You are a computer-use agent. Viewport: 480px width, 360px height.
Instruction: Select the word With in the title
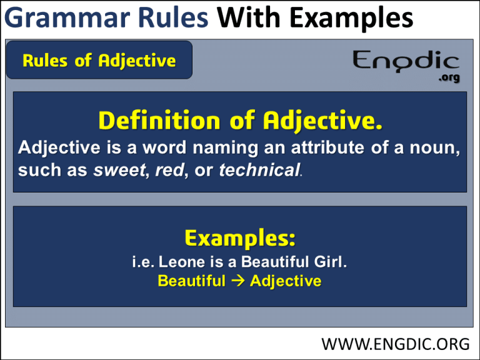(x=249, y=17)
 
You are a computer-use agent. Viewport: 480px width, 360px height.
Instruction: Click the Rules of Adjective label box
(x=99, y=60)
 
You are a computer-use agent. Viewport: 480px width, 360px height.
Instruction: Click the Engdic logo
(x=406, y=62)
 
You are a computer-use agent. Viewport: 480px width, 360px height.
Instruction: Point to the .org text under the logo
(x=449, y=77)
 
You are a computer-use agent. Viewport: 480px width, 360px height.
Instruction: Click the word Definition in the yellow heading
(x=159, y=121)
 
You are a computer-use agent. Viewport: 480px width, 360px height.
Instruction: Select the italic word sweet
(x=120, y=170)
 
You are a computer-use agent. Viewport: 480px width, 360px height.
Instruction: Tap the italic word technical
(x=259, y=170)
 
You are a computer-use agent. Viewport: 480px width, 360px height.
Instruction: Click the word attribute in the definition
(x=327, y=147)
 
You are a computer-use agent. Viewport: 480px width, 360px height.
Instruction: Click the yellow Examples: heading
(x=240, y=239)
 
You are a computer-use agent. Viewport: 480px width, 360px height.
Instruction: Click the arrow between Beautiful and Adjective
(x=238, y=281)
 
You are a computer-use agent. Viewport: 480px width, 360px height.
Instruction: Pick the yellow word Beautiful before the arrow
(x=192, y=281)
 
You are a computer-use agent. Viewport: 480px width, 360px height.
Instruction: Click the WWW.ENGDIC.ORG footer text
(x=395, y=344)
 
